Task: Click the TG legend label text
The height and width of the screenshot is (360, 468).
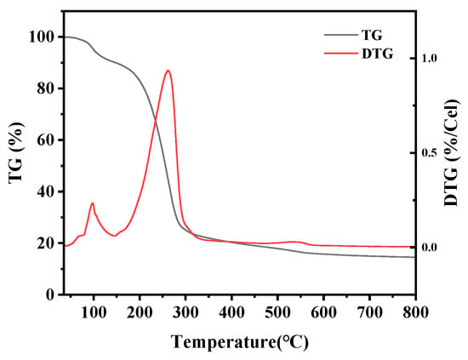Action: click(x=372, y=35)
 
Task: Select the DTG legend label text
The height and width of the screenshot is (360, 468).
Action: click(x=377, y=54)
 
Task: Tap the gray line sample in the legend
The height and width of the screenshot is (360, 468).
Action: click(x=341, y=35)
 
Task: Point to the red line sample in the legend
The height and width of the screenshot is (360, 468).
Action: click(x=341, y=54)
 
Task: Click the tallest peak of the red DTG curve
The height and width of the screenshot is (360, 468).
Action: click(x=168, y=71)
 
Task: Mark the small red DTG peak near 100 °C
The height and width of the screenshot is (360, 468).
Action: click(x=93, y=203)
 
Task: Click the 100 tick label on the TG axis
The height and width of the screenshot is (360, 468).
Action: click(x=41, y=37)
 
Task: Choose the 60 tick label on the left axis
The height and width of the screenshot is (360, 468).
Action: click(x=46, y=140)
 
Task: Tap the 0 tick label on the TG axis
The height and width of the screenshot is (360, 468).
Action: click(x=50, y=294)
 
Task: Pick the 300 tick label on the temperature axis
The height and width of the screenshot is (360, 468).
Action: click(x=185, y=312)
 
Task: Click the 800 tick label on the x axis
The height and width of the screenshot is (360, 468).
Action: click(x=415, y=312)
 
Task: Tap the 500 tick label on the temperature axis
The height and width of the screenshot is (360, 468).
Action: click(x=277, y=312)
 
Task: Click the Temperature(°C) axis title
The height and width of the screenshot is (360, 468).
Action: click(x=240, y=342)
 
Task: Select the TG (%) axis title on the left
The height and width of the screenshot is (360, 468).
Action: click(x=16, y=153)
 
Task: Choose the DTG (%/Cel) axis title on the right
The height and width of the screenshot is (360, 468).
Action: click(x=452, y=153)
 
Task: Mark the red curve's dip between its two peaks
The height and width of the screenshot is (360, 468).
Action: click(x=115, y=236)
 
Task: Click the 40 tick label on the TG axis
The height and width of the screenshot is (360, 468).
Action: click(x=46, y=191)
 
